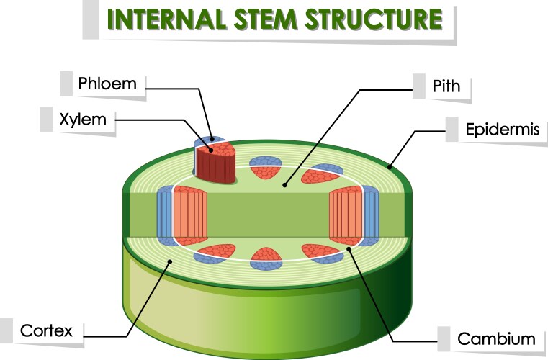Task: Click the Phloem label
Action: (x=107, y=84)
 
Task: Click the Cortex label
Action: (x=47, y=331)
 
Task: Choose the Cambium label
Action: (x=497, y=338)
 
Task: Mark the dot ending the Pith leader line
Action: (x=285, y=185)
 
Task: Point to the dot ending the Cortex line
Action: (x=170, y=263)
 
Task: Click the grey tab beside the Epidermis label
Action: (x=452, y=130)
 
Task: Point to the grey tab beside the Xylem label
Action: (x=48, y=119)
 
